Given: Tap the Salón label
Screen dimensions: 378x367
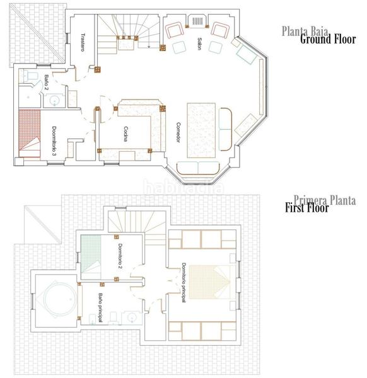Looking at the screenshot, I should click(199, 43).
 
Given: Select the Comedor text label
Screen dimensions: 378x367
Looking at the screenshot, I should click(178, 132).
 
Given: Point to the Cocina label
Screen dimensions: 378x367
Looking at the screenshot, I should click(125, 134).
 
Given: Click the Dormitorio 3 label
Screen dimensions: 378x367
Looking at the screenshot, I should click(55, 142).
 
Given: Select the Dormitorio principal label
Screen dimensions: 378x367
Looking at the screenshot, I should click(184, 282).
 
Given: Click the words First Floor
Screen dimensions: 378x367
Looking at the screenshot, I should click(307, 209).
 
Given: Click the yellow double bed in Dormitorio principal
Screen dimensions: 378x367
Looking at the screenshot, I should click(211, 281).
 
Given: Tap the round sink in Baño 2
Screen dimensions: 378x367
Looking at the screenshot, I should click(55, 100).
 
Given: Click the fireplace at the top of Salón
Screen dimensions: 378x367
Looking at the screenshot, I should click(197, 21).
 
